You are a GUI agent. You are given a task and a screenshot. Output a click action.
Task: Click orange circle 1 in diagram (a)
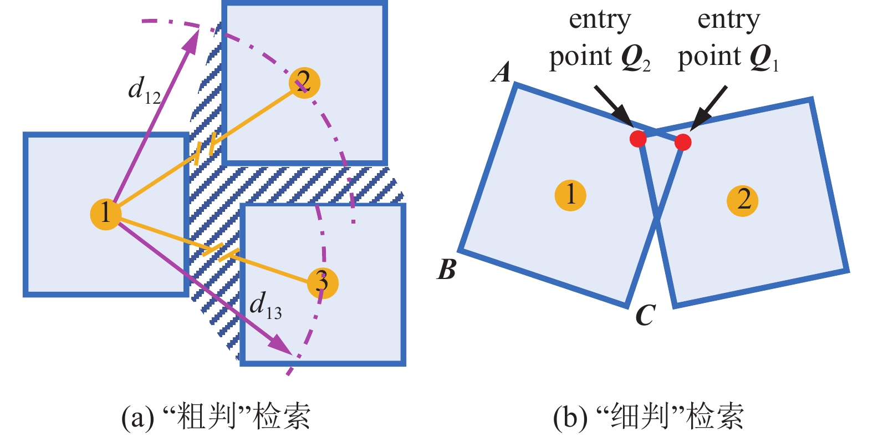(105, 213)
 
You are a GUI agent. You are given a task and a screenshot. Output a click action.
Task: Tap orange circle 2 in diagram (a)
(304, 83)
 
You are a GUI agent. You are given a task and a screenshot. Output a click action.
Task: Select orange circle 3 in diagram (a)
(322, 283)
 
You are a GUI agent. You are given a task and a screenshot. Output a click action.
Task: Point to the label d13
(265, 305)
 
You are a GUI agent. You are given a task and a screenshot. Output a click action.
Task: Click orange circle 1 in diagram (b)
(570, 195)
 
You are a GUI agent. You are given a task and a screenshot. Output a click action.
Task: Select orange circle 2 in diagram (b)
(742, 200)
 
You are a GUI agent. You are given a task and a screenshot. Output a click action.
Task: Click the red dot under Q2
(638, 138)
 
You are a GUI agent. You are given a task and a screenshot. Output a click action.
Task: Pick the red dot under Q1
(683, 142)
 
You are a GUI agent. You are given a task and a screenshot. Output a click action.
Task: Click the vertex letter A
(502, 73)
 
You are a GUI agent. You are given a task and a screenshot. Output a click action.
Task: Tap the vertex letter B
(446, 270)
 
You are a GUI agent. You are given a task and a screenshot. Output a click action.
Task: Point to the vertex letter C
(645, 316)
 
